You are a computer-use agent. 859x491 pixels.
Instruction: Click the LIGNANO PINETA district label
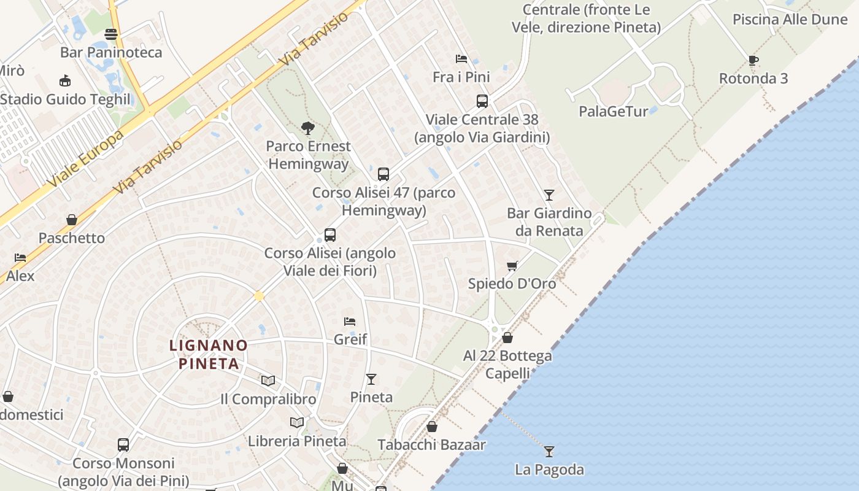click(209, 354)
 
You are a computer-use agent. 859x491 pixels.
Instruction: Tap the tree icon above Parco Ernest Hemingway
click(308, 128)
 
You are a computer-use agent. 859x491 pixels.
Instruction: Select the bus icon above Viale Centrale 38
click(482, 101)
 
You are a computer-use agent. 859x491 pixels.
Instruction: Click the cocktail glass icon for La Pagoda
click(549, 452)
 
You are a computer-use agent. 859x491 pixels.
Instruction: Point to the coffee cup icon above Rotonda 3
click(753, 60)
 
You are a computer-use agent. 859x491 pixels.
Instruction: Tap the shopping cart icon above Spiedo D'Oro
click(512, 266)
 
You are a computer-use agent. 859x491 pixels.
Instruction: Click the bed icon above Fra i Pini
click(461, 59)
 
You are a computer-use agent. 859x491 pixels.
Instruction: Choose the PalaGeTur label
click(614, 111)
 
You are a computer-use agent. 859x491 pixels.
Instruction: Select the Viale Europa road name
click(86, 158)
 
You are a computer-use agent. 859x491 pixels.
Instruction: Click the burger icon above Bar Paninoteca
click(111, 34)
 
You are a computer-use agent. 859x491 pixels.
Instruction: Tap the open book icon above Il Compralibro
click(268, 381)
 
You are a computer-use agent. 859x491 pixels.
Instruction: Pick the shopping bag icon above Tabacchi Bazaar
click(432, 427)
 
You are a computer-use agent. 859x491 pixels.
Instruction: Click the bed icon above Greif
click(350, 321)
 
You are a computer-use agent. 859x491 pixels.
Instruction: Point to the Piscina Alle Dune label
click(790, 19)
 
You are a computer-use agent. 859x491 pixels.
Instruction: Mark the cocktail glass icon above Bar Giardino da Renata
click(549, 195)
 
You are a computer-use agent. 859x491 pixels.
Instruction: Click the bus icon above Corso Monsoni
click(123, 445)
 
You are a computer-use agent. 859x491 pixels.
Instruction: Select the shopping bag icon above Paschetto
click(72, 220)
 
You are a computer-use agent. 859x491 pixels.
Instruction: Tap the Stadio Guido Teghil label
click(66, 99)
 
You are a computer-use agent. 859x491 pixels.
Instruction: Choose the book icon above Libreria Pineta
click(297, 422)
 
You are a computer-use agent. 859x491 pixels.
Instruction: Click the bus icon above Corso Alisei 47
click(383, 174)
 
